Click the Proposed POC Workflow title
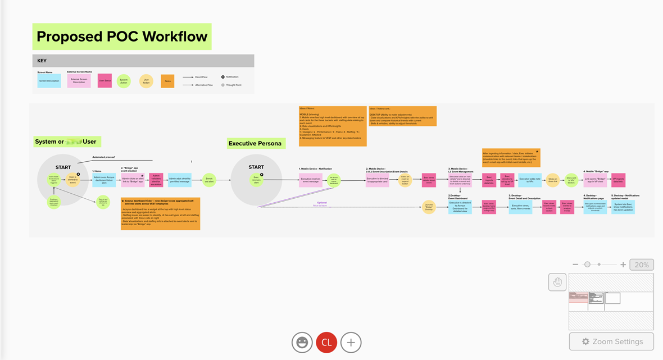[122, 37]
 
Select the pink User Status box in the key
[105, 81]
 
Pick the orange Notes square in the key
[167, 81]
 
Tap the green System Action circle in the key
[124, 81]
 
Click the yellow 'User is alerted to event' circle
[72, 180]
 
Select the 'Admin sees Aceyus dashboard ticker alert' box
[104, 180]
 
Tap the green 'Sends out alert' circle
[209, 180]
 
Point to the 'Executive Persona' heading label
[256, 143]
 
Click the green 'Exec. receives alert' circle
[256, 180]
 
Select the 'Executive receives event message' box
[310, 180]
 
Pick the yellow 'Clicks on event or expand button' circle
[405, 180]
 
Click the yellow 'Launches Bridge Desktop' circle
[429, 207]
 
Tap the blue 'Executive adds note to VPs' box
[530, 180]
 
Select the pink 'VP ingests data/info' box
[618, 180]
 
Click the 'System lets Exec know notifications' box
[623, 207]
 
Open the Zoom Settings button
[611, 341]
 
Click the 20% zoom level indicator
[641, 265]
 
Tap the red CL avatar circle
[326, 342]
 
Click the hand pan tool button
[557, 282]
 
